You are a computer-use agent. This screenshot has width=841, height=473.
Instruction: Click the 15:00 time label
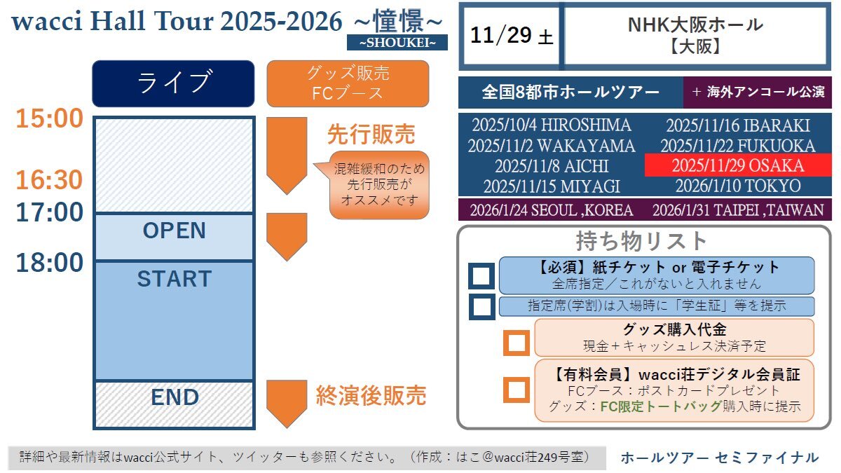(x=49, y=118)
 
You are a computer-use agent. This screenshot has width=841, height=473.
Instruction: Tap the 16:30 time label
(x=49, y=180)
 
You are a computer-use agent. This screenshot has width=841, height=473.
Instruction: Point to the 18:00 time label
(x=49, y=262)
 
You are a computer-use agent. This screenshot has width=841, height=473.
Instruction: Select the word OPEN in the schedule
(x=175, y=230)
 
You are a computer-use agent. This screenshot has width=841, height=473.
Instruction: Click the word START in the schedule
(x=175, y=279)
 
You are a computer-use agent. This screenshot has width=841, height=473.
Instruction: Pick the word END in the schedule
(x=175, y=397)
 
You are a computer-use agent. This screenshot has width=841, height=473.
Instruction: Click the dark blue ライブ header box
(x=174, y=83)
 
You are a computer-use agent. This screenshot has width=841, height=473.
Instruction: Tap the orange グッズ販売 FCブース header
(x=348, y=83)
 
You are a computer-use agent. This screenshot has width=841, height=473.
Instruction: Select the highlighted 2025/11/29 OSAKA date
(x=738, y=165)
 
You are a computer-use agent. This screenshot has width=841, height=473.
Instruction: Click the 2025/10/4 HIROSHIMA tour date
(x=552, y=125)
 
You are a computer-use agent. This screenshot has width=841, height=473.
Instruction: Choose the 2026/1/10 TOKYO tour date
(x=738, y=186)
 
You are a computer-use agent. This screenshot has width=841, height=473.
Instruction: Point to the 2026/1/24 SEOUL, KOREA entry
(x=552, y=210)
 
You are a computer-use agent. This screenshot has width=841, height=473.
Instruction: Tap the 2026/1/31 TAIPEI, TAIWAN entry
(x=738, y=210)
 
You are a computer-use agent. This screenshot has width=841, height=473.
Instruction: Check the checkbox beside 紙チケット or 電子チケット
(x=481, y=276)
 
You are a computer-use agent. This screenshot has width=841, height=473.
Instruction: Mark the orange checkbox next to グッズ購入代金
(x=517, y=343)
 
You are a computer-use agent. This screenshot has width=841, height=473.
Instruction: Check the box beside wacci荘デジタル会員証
(x=517, y=390)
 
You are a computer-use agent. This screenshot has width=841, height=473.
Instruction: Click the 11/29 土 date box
(x=512, y=36)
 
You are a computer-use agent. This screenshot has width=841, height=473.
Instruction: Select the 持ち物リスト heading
(x=641, y=241)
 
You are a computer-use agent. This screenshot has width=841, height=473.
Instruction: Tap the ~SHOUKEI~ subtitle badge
(x=397, y=43)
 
